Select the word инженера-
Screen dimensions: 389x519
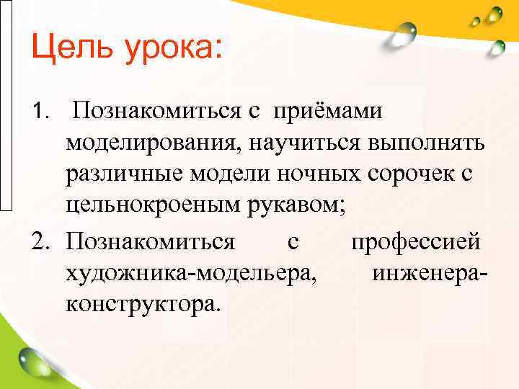point(431,273)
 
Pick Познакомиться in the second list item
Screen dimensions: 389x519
point(150,241)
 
